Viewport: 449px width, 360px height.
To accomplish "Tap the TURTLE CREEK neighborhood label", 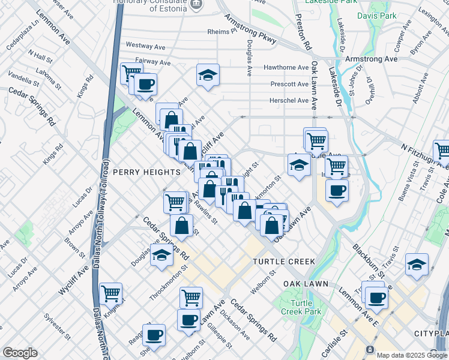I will tap(284, 262).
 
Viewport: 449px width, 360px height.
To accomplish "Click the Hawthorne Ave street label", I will tap(289, 68).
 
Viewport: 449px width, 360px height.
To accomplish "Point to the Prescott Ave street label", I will tap(289, 84).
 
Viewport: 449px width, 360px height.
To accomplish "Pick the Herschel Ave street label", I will tap(289, 100).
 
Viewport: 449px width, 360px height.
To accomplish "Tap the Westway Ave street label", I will tap(145, 46).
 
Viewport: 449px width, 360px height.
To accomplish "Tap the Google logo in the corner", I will tap(20, 353).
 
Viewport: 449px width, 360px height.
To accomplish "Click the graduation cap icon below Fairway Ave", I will tap(208, 76).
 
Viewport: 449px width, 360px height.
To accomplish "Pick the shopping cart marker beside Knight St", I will tap(111, 293).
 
